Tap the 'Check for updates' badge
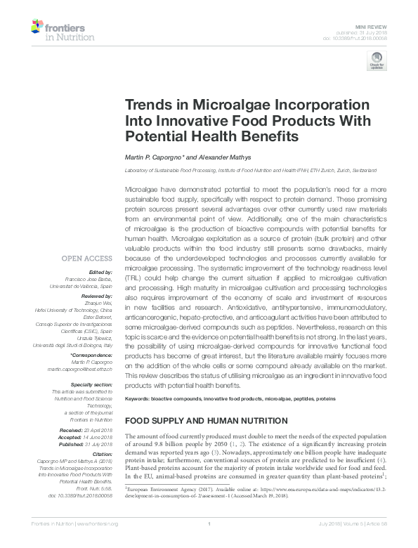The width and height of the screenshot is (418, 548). pyautogui.click(x=377, y=63)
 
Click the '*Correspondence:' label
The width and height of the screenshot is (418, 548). pyautogui.click(x=93, y=356)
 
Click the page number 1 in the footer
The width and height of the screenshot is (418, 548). pyautogui.click(x=209, y=542)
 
